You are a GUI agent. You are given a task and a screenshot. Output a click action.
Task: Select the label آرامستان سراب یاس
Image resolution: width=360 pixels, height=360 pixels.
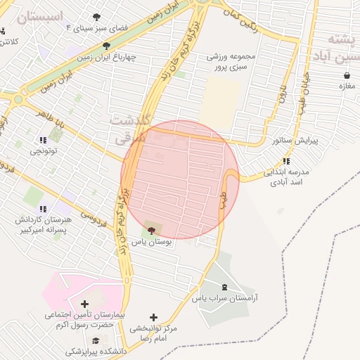(x=225, y=298)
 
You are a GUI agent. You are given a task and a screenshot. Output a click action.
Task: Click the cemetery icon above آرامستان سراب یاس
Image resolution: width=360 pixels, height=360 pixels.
(x=224, y=287)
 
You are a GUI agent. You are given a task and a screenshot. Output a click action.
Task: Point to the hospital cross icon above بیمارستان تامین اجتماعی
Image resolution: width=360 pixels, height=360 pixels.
(x=85, y=304)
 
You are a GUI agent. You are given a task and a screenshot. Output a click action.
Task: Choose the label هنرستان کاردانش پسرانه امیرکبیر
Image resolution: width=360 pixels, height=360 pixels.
(x=43, y=224)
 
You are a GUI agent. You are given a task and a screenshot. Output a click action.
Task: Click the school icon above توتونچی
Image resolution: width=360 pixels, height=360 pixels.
(x=44, y=139)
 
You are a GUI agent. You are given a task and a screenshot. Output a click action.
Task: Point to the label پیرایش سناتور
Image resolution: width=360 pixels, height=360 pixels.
(x=295, y=141)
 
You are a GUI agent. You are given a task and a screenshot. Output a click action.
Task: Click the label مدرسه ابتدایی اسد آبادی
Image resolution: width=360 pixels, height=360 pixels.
(x=287, y=176)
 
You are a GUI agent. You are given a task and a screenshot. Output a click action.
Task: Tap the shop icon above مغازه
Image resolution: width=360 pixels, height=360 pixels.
(x=346, y=75)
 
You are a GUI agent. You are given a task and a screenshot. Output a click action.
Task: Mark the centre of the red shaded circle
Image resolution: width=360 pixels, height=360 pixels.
(x=181, y=179)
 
